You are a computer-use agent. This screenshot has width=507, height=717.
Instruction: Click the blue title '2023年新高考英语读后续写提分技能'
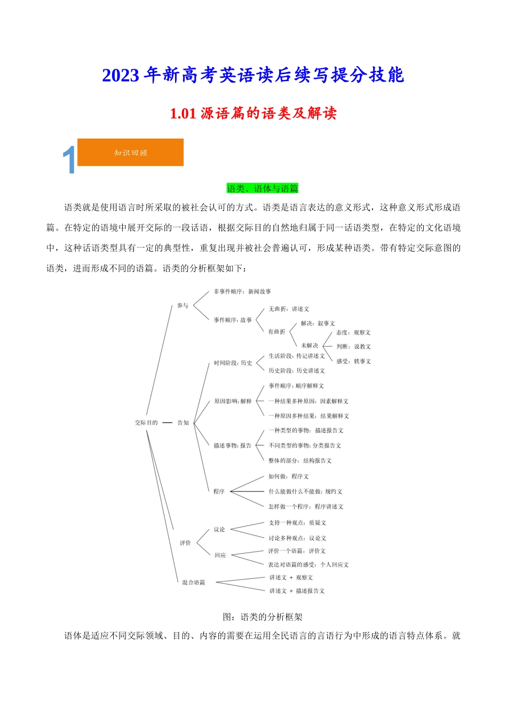pos(253,75)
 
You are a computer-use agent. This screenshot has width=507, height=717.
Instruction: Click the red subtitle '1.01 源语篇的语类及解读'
pos(253,113)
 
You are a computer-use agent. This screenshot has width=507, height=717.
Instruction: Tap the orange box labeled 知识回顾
pos(131,153)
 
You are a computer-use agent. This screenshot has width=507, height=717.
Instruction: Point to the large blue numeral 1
pos(69,160)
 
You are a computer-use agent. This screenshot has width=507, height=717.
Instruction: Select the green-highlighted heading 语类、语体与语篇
pos(263,188)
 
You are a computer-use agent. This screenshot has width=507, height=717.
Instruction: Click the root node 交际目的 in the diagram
pos(146,423)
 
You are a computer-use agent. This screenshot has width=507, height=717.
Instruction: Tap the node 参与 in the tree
pos(183,306)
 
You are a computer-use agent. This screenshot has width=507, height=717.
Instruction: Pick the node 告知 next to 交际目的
pos(183,423)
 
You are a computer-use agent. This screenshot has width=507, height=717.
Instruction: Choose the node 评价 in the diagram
pos(185,543)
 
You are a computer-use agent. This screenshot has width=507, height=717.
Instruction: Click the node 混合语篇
pos(193,583)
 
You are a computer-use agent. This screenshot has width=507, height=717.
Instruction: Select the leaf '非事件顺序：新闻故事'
pos(242,292)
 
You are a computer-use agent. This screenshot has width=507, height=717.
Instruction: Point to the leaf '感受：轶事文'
pos(353,361)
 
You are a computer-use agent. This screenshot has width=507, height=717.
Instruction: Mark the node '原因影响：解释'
pos(233,401)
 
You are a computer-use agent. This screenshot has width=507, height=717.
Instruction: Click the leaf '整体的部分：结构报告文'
pos(300,460)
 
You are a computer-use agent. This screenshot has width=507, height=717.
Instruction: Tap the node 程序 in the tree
pos(219,491)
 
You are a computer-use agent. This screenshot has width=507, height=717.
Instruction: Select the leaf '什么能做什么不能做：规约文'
pos(305,491)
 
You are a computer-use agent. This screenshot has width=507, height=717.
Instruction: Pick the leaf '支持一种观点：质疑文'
pos(297,523)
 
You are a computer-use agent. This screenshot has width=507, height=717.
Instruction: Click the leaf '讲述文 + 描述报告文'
pos(297,591)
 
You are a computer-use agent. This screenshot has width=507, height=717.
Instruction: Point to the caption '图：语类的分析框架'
pos(263,617)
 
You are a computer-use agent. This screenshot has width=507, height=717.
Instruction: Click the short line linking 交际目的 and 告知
pos(167,423)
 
